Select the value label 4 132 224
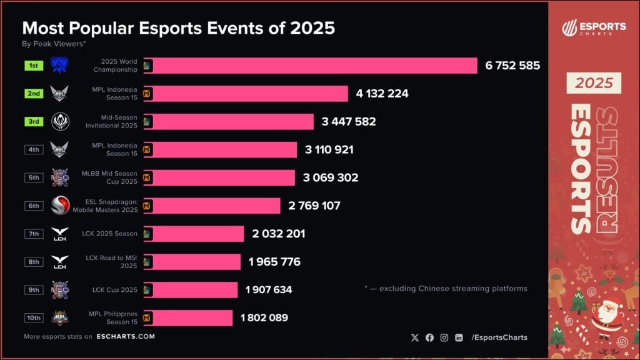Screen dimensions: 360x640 (x=382, y=94)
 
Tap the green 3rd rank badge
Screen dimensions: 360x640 (x=34, y=121)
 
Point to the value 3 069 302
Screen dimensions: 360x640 (x=331, y=177)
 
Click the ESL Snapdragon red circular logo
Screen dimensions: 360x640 (x=60, y=206)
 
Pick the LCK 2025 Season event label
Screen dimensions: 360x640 (x=109, y=234)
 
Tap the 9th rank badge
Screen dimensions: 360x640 (x=34, y=289)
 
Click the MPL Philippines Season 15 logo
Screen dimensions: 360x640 (x=60, y=317)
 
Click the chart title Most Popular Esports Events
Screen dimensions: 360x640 (x=179, y=28)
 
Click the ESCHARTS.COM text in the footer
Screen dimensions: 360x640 (x=126, y=337)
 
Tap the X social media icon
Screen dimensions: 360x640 (x=415, y=337)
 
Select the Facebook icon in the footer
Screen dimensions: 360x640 (x=429, y=337)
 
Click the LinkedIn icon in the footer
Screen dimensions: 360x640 (x=459, y=337)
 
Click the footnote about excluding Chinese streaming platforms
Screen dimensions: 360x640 (x=446, y=289)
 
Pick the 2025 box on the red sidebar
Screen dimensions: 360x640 (x=594, y=83)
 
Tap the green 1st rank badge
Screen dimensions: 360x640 (x=34, y=66)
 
